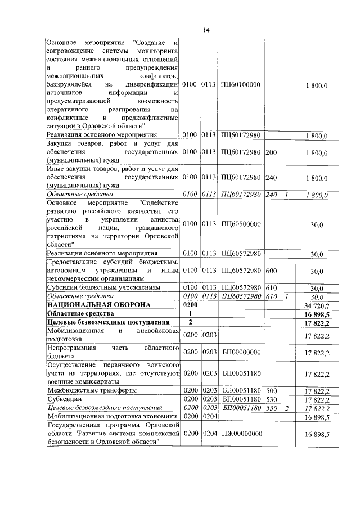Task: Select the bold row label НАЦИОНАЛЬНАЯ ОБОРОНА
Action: pyautogui.click(x=91, y=304)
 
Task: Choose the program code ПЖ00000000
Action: pyautogui.click(x=241, y=435)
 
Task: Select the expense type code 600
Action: pyautogui.click(x=271, y=271)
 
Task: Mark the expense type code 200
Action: pyautogui.click(x=271, y=152)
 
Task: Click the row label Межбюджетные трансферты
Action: pyautogui.click(x=91, y=390)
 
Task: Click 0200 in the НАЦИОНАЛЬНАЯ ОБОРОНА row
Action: pyautogui.click(x=191, y=304)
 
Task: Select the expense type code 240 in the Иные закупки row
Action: pyautogui.click(x=271, y=178)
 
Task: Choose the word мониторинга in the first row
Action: pyautogui.click(x=156, y=51)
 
